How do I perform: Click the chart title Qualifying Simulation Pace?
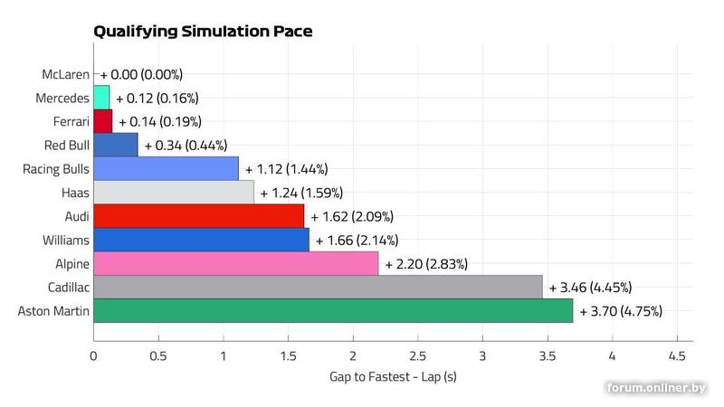203,32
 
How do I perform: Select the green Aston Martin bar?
333,310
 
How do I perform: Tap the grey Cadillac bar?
318,287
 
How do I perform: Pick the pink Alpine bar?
235,263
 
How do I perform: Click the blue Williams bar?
201,240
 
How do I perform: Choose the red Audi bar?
198,216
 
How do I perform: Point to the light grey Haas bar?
174,193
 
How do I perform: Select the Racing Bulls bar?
166,169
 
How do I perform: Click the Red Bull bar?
116,145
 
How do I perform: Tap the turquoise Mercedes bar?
101,98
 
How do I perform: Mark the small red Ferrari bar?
102,121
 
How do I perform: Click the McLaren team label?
65,74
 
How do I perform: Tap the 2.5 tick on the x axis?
417,355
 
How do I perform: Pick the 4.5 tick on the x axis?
676,355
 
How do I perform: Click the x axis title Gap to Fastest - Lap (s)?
392,376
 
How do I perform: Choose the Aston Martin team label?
53,311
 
